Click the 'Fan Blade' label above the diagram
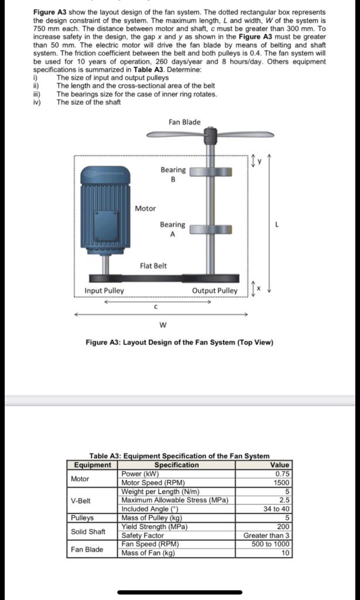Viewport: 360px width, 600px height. pos(184,122)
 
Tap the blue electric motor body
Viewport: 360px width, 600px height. pos(106,205)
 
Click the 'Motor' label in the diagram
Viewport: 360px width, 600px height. pos(145,208)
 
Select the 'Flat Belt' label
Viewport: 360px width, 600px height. pos(153,265)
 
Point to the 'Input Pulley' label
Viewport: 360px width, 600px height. pos(104,291)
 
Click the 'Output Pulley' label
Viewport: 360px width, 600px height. pos(215,291)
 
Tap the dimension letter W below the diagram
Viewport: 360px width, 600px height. pos(162,325)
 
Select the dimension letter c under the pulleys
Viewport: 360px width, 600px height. pos(155,306)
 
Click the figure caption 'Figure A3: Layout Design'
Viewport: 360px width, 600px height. pos(179,342)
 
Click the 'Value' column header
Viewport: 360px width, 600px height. pos(280,465)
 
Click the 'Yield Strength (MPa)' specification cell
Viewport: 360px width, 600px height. pos(154,526)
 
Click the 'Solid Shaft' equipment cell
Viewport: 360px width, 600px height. pos(88,531)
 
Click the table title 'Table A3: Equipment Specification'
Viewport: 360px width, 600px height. pos(179,455)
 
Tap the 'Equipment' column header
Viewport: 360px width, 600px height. pos(92,465)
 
